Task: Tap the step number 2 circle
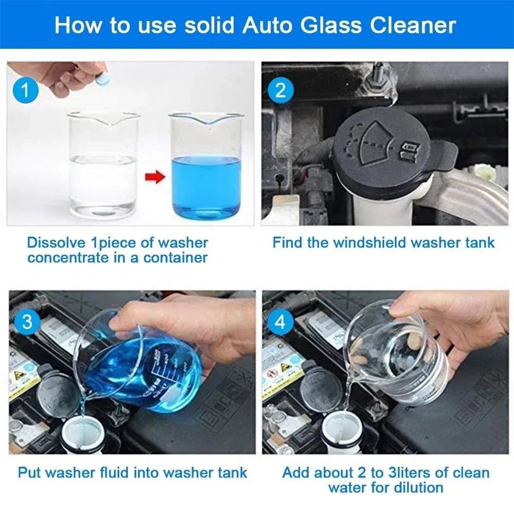pyautogui.click(x=280, y=91)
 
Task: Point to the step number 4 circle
pyautogui.click(x=280, y=322)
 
